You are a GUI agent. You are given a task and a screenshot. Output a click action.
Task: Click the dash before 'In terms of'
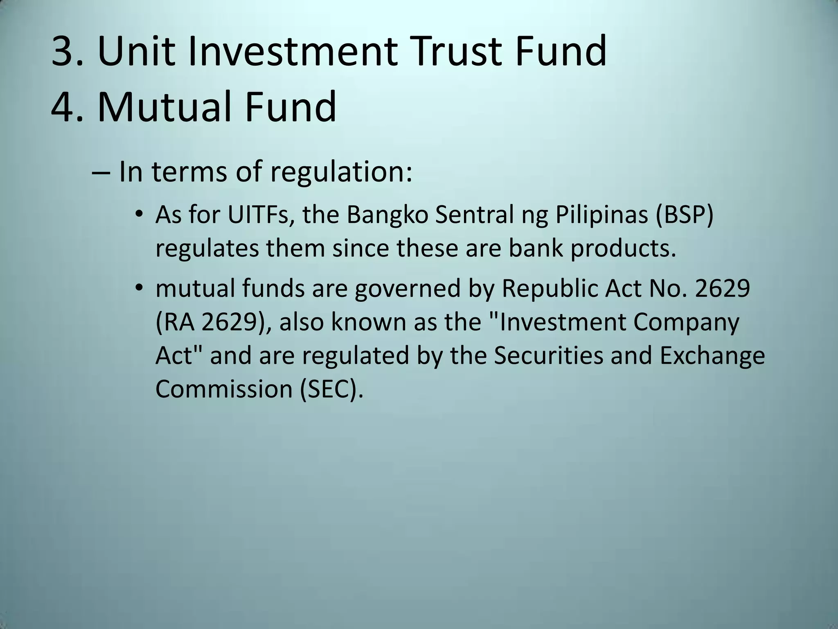(x=101, y=172)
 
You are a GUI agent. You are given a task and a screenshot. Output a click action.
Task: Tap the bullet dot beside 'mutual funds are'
(x=139, y=288)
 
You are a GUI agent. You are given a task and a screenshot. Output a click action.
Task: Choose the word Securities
(x=548, y=355)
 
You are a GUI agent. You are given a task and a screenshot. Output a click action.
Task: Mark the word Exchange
(x=712, y=355)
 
